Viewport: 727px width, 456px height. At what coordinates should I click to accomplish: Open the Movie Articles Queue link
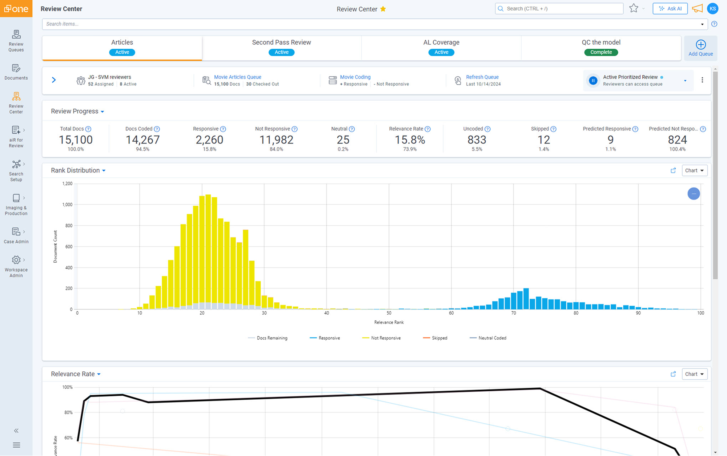coord(237,77)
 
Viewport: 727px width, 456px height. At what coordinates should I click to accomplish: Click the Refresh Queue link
coord(482,77)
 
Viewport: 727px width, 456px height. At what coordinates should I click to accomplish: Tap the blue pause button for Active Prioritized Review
coord(593,81)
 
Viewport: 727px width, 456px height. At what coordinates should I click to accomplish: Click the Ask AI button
coord(670,9)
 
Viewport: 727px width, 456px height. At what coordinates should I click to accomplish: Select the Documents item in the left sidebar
coord(16,72)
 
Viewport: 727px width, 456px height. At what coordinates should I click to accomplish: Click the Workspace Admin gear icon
coord(16,260)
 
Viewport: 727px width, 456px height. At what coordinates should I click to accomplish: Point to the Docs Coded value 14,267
coord(142,140)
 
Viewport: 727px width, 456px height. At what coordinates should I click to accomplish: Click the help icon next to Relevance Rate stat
coord(428,129)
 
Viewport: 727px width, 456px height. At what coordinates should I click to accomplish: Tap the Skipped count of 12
coord(543,140)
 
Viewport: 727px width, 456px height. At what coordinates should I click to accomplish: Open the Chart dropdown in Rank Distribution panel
coord(694,170)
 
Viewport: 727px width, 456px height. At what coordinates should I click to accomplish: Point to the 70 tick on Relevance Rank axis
coord(513,313)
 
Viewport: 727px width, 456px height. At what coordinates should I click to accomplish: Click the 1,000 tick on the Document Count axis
coord(67,205)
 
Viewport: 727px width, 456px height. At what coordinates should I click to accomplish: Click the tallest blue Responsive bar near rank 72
coord(526,299)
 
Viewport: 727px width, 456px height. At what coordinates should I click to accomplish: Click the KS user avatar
coord(712,9)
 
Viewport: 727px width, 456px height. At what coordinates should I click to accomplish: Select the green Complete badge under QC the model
coord(601,52)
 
